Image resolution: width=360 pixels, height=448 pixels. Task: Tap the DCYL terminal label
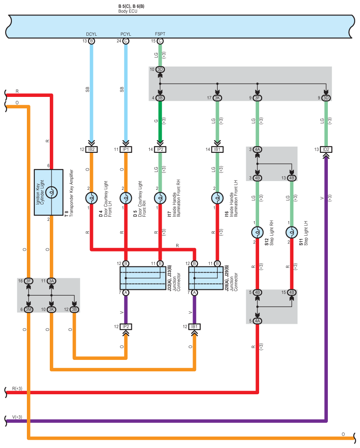92,34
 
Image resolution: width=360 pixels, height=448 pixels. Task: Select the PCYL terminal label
126,34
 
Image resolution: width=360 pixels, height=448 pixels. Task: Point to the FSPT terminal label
160,34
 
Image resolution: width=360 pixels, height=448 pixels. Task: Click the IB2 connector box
92,149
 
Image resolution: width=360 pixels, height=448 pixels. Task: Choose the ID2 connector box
326,149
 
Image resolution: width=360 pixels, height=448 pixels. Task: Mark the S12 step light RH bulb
257,232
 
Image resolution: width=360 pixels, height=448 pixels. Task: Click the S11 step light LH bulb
292,232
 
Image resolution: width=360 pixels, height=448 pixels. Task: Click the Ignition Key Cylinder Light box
52,192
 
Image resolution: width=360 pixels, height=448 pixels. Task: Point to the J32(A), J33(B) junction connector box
143,278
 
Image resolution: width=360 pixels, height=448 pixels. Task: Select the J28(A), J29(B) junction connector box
206,278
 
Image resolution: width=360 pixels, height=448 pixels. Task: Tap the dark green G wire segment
160,121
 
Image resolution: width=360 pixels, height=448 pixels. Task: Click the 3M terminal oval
29,309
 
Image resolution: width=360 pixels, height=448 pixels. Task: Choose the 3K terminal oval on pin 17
217,97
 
